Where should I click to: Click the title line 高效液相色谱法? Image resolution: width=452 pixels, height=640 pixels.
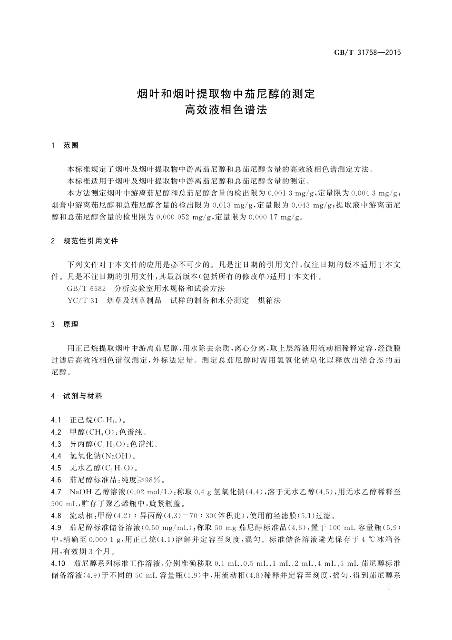[x=226, y=110]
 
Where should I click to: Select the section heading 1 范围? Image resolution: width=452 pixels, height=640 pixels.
[x=65, y=145]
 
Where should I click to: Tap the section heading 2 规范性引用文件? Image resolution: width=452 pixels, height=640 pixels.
[x=85, y=241]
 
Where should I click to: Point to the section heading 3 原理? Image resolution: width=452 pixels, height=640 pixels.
[x=65, y=324]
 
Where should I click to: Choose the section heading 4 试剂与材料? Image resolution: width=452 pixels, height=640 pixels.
[x=77, y=396]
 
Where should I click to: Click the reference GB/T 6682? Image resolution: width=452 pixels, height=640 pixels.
[x=83, y=289]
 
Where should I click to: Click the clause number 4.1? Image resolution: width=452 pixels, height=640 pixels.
[x=57, y=420]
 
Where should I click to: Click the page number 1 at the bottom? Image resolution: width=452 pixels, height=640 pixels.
[x=389, y=588]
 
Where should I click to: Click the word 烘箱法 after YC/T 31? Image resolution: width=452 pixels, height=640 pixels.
[x=269, y=300]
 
